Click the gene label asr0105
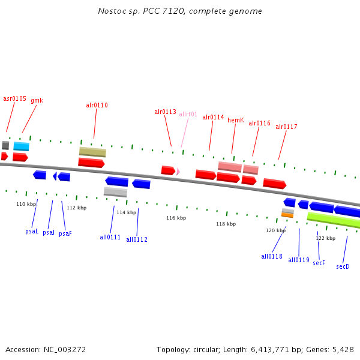click(x=14, y=98)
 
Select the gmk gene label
click(x=37, y=100)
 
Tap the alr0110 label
click(x=97, y=105)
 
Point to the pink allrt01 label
click(x=188, y=114)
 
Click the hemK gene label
click(x=235, y=120)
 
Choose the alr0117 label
click(x=286, y=127)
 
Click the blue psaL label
click(x=32, y=231)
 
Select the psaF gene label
click(x=65, y=233)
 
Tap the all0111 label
click(x=110, y=237)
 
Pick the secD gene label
click(x=343, y=266)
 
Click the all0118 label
click(x=271, y=256)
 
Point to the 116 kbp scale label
click(x=176, y=218)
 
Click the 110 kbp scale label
click(x=26, y=204)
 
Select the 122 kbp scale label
click(x=325, y=238)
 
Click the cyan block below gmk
click(x=21, y=146)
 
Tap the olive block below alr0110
click(x=92, y=152)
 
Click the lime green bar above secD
click(x=334, y=220)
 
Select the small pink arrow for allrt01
click(x=178, y=172)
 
